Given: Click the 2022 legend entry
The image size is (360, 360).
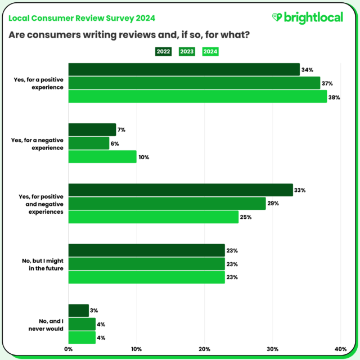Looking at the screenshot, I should click(164, 52).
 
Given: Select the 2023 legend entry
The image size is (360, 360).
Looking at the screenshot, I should click(187, 52).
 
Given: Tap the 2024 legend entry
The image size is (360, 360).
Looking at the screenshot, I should click(210, 52).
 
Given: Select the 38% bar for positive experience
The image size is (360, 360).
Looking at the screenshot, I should click(197, 97).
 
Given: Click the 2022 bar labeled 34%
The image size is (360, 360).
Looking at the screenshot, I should click(184, 70).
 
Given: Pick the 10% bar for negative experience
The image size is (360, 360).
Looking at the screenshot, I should click(102, 157).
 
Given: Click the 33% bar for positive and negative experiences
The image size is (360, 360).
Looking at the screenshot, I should click(181, 190).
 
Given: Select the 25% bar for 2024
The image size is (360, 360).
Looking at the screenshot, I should click(154, 217).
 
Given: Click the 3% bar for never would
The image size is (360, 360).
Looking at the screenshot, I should click(79, 310).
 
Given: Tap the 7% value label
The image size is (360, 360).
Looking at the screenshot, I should click(121, 130).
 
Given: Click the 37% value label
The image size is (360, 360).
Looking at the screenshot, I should click(327, 83).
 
